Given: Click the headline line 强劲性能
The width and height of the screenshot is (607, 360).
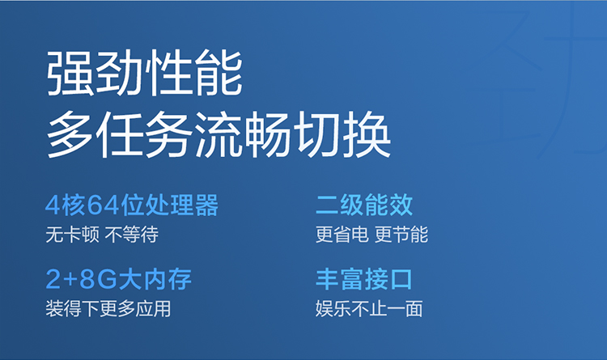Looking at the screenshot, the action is (x=144, y=72).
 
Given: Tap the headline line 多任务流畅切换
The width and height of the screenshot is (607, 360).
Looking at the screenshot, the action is (x=219, y=134).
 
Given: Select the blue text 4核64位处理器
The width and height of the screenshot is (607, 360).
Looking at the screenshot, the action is (x=132, y=205).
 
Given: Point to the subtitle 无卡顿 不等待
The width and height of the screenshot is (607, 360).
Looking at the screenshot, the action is (x=102, y=235).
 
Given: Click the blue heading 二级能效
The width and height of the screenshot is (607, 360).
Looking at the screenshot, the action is (x=364, y=205).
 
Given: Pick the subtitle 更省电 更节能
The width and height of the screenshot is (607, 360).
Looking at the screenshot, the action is (x=371, y=235).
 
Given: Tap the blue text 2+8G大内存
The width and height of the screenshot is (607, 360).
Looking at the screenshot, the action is (x=119, y=279).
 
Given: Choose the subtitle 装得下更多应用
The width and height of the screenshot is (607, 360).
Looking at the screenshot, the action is (x=108, y=309).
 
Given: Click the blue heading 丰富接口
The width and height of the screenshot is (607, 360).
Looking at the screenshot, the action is (x=364, y=279).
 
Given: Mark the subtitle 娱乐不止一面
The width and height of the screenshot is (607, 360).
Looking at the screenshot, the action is (x=369, y=309).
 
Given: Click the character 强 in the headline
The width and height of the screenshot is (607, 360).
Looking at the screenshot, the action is (x=70, y=72).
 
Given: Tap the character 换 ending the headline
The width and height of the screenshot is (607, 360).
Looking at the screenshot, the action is (x=367, y=134).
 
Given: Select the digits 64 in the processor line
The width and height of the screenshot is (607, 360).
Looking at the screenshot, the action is (x=103, y=205).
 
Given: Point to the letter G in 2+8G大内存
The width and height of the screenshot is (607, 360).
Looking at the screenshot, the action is (x=107, y=279).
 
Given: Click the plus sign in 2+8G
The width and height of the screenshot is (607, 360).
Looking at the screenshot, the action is (x=70, y=280).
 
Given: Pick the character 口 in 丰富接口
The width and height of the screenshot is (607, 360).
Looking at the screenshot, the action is (x=401, y=279).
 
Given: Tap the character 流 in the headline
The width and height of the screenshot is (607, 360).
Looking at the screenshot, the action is (x=219, y=134).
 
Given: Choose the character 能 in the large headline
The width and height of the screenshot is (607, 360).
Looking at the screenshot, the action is (x=219, y=72).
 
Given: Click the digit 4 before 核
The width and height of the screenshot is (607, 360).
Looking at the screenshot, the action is (x=53, y=205).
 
